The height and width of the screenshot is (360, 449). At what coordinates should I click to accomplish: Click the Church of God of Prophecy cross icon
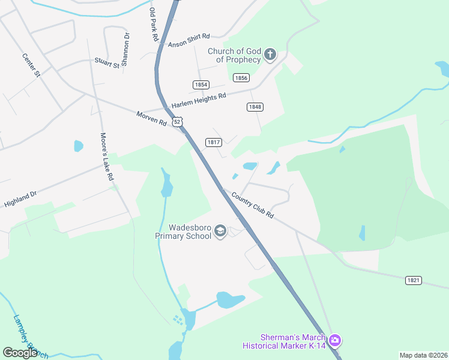pyautogui.click(x=270, y=55)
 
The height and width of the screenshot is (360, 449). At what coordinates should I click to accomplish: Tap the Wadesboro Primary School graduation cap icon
pyautogui.click(x=220, y=232)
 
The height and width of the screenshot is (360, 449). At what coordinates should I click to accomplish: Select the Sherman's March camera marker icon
pyautogui.click(x=334, y=341)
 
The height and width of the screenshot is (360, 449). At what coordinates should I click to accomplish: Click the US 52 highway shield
pyautogui.click(x=176, y=122)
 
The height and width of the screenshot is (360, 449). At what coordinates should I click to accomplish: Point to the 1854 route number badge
pyautogui.click(x=201, y=85)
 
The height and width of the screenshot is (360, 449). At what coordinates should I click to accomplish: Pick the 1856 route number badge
pyautogui.click(x=241, y=78)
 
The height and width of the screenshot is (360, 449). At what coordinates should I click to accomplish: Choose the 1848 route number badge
pyautogui.click(x=255, y=107)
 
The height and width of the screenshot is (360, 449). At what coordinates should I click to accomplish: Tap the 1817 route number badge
pyautogui.click(x=214, y=142)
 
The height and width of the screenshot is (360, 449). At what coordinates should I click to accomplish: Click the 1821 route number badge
pyautogui.click(x=414, y=280)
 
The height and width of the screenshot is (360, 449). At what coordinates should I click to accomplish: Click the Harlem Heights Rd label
pyautogui.click(x=199, y=100)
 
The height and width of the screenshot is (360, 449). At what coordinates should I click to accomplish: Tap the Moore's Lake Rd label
pyautogui.click(x=107, y=157)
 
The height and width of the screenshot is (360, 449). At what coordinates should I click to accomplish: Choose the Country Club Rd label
pyautogui.click(x=253, y=206)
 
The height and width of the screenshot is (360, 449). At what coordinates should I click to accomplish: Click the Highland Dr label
pyautogui.click(x=20, y=199)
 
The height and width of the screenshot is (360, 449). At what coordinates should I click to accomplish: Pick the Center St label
pyautogui.click(x=31, y=65)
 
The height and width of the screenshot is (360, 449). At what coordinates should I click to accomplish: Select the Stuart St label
pyautogui.click(x=107, y=61)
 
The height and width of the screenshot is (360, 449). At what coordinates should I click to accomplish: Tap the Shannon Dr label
pyautogui.click(x=126, y=49)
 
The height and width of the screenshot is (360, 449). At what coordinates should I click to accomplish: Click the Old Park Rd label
pyautogui.click(x=153, y=24)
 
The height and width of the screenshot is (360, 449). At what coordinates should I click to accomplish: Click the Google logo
pyautogui.click(x=20, y=353)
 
